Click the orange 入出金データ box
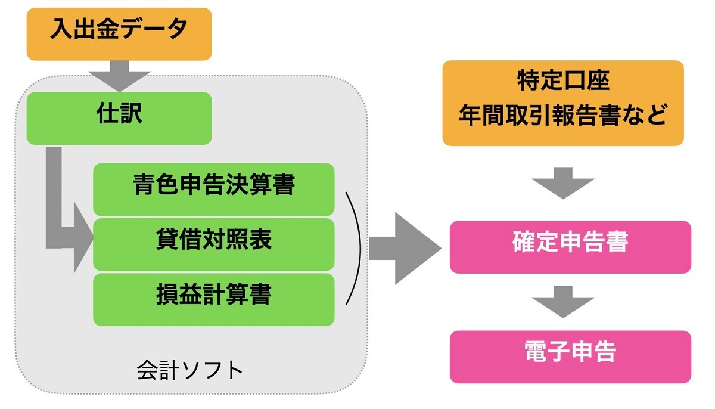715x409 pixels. pyautogui.click(x=119, y=34)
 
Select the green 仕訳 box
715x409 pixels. pyautogui.click(x=119, y=119)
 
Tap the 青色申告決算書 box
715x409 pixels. pyautogui.click(x=213, y=190)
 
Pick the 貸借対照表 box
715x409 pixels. pyautogui.click(x=213, y=244)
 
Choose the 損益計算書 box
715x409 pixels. pyautogui.click(x=213, y=299)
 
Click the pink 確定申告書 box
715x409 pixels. pyautogui.click(x=570, y=247)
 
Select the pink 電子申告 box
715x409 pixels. pyautogui.click(x=570, y=357)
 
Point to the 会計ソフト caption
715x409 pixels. pyautogui.click(x=189, y=370)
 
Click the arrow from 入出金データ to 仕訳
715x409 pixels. pyautogui.click(x=119, y=76)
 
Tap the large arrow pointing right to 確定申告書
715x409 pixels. pyautogui.click(x=405, y=249)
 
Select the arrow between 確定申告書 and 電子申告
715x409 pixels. pyautogui.click(x=562, y=302)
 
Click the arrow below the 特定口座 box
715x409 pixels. pyautogui.click(x=562, y=183)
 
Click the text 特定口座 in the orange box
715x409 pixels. pyautogui.click(x=564, y=80)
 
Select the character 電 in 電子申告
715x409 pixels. pyautogui.click(x=536, y=351)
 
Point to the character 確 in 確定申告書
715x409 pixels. pyautogui.click(x=524, y=241)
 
